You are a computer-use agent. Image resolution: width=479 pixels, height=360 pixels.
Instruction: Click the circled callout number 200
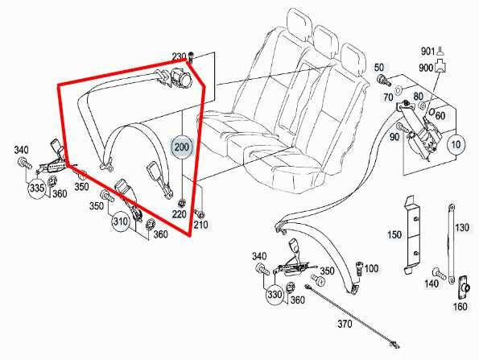(182, 147)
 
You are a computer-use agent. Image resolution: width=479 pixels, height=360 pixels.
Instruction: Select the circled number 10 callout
(456, 145)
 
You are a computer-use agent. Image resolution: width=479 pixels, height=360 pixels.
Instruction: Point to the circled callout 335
(36, 188)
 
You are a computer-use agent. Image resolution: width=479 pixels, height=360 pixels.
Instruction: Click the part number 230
(179, 56)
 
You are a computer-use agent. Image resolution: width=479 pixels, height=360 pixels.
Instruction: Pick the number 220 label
(178, 215)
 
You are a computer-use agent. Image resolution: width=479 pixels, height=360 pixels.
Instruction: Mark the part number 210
(200, 225)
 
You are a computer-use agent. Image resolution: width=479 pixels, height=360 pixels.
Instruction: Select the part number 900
(427, 68)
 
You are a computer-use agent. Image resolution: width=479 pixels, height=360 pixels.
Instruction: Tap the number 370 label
(345, 325)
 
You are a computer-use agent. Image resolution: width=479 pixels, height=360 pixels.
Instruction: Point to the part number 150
(394, 234)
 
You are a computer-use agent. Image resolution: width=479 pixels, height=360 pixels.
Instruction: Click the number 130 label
(461, 228)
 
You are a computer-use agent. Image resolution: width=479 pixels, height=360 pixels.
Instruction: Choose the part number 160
(459, 306)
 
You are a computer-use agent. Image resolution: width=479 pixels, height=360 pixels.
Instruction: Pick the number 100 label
(372, 268)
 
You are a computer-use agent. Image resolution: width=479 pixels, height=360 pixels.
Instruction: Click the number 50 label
(380, 67)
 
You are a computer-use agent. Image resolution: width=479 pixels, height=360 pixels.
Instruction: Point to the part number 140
(433, 283)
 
